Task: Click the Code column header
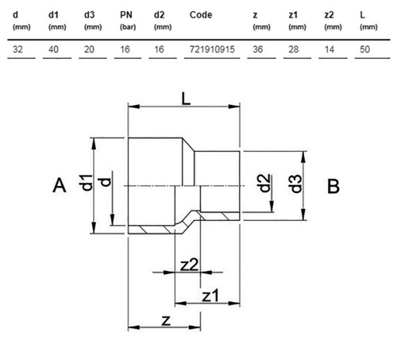[201, 15]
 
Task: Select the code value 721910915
[212, 49]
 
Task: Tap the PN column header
[126, 15]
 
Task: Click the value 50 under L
[364, 49]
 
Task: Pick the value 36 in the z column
[258, 49]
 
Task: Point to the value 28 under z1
[294, 49]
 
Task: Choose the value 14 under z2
[330, 49]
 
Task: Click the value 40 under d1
[53, 49]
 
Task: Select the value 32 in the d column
[17, 49]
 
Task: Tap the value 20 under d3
[89, 49]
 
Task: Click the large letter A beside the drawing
[60, 185]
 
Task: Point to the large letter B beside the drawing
[333, 186]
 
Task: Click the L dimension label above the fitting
[186, 99]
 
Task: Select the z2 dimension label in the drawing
[189, 265]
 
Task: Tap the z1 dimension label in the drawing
[210, 296]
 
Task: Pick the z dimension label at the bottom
[166, 320]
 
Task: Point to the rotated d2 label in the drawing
[264, 183]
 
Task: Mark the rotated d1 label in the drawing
[87, 183]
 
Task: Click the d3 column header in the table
[89, 15]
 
